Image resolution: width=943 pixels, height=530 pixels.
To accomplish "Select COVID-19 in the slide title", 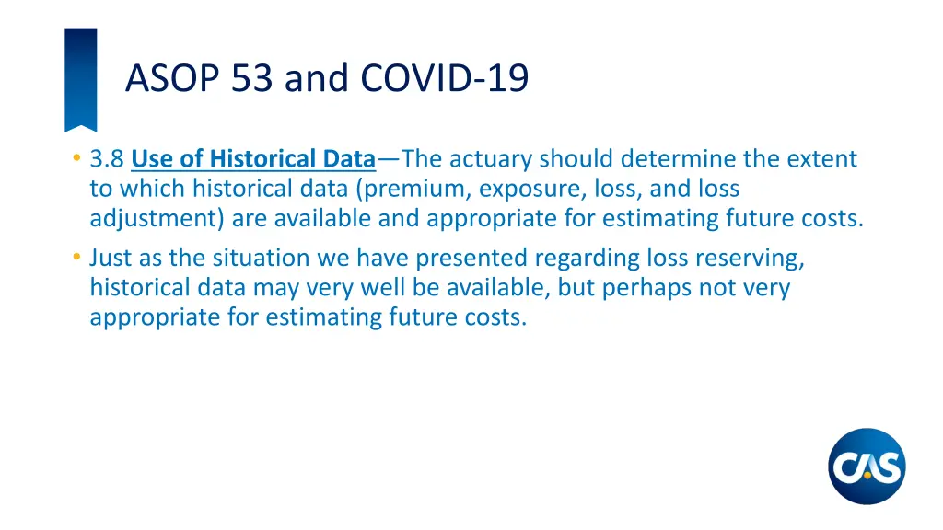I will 445,78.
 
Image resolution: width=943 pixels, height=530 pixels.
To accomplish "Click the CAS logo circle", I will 866,467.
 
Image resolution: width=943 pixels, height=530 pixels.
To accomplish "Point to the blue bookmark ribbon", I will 80,78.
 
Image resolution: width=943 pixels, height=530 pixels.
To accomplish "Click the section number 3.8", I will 108,159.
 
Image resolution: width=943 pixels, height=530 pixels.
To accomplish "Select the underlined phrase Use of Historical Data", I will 253,159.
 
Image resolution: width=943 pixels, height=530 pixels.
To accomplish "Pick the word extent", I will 824,159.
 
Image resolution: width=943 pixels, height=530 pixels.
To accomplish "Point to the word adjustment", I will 157,218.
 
